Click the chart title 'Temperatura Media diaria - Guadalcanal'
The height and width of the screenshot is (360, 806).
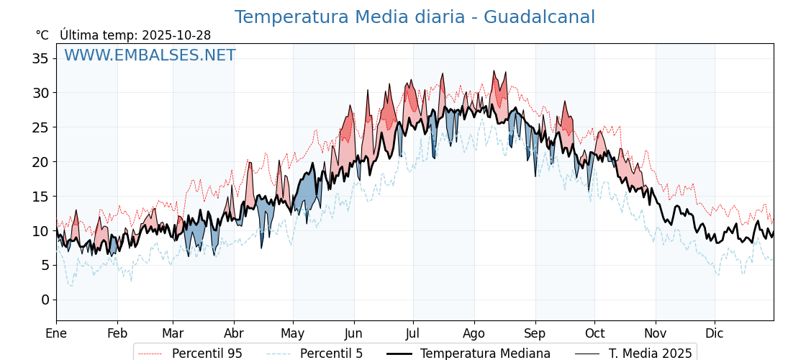(415, 17)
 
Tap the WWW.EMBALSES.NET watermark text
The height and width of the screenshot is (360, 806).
(150, 55)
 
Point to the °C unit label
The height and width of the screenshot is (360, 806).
(42, 35)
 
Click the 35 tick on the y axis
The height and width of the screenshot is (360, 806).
(40, 58)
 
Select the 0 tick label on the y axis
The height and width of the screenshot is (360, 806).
(45, 300)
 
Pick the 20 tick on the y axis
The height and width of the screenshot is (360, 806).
(40, 162)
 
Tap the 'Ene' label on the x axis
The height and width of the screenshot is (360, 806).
(56, 333)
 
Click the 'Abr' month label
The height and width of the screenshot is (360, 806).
(233, 333)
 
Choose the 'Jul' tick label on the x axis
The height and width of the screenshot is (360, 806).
(413, 333)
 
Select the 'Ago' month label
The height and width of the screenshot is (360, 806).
(474, 333)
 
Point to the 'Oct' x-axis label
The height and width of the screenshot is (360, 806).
(594, 333)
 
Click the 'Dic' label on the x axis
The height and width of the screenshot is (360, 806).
(715, 333)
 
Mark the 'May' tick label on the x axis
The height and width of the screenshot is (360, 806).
(293, 333)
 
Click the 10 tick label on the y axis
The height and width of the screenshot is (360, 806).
(40, 231)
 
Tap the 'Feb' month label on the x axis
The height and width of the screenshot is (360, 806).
(117, 333)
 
